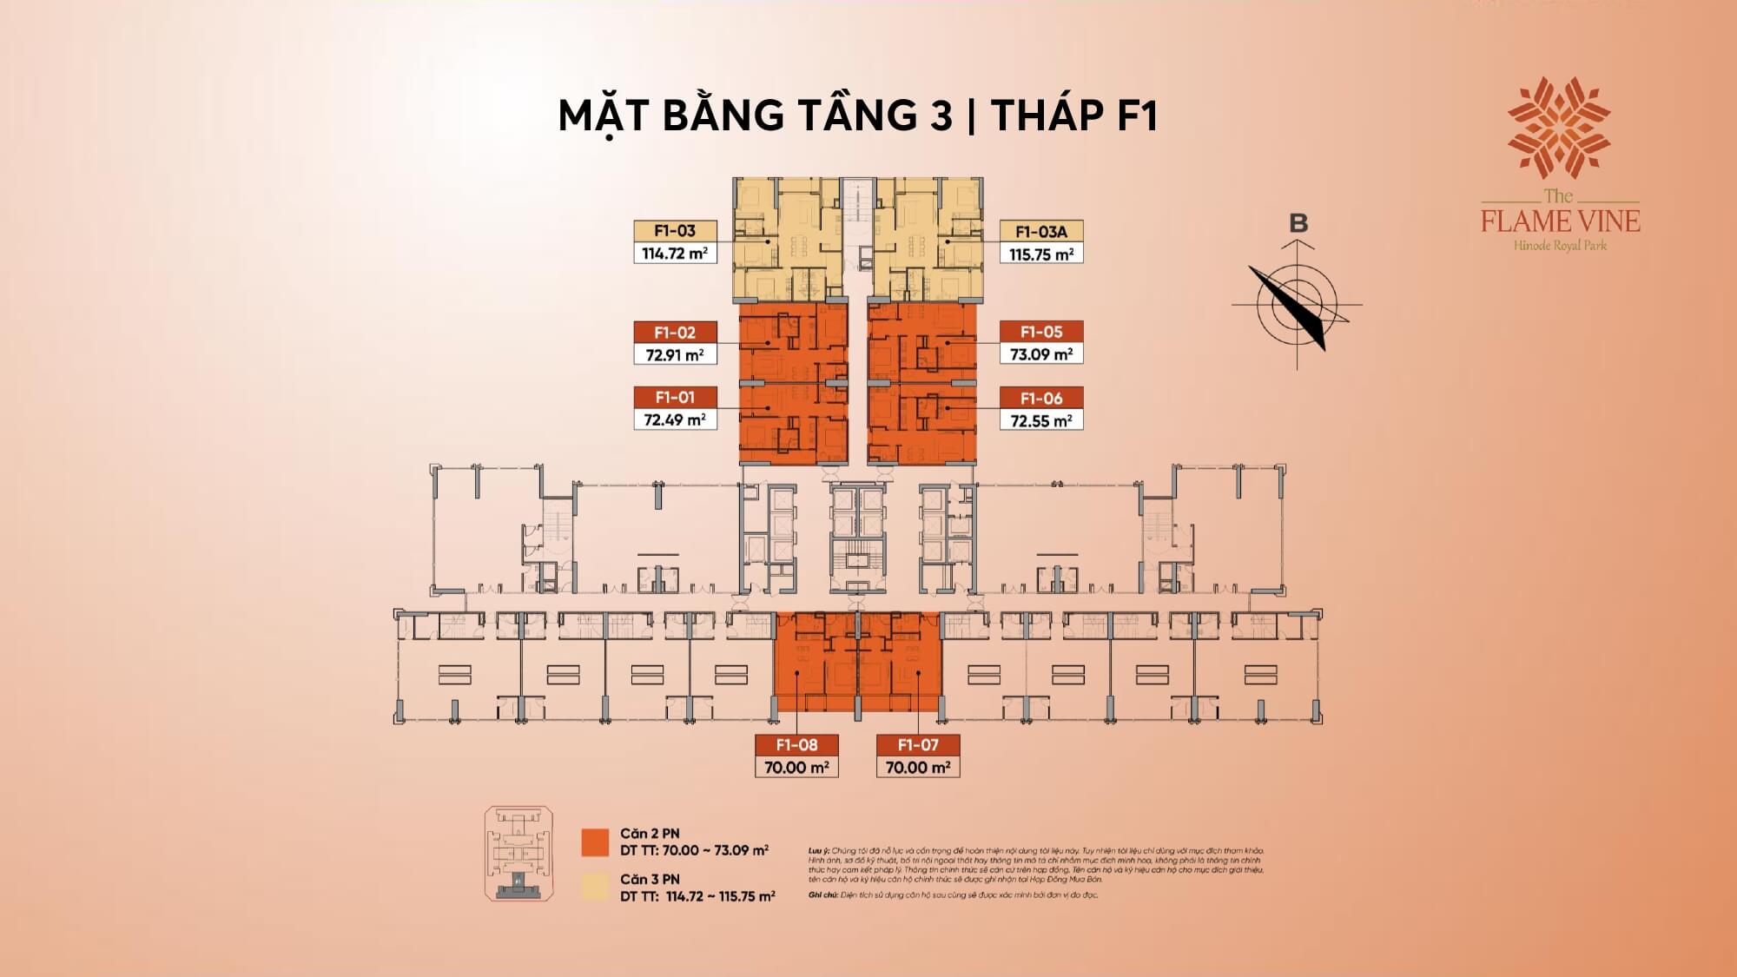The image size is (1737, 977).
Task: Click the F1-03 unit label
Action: coord(675,231)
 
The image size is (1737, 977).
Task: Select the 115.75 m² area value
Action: coord(1041,254)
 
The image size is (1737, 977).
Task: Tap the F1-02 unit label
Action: coord(675,333)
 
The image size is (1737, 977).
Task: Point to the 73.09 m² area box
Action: coord(1041,354)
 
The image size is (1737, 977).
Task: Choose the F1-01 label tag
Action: coord(675,398)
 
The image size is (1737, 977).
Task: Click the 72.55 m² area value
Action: coord(1041,421)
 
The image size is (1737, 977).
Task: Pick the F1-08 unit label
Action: coord(796,745)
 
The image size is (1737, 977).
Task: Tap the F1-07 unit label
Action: coord(918,745)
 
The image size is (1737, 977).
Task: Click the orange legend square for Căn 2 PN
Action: coord(595,842)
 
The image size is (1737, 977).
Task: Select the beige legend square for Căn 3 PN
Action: coord(595,887)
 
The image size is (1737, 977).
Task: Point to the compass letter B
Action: coord(1298,224)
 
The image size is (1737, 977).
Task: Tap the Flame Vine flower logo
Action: coord(1559,128)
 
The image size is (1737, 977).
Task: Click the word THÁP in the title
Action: coord(1043,116)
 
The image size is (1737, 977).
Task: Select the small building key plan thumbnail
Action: coord(518,853)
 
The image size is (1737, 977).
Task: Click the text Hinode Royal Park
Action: coord(1560,246)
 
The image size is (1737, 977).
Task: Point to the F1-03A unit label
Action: coord(1041,232)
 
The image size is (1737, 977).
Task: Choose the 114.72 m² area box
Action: coord(675,254)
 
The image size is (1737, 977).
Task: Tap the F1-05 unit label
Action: coord(1041,332)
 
